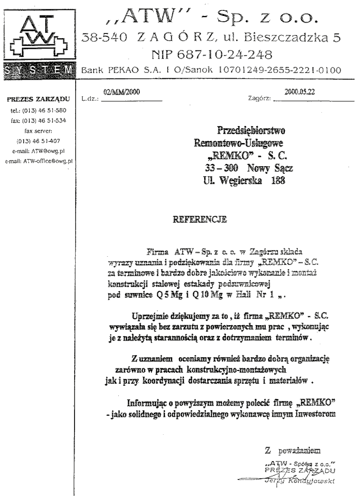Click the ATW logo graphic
(39, 37)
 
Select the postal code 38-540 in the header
(102, 37)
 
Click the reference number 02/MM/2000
(121, 93)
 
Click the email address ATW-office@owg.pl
(39, 161)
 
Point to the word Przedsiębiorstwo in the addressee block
(251, 130)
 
